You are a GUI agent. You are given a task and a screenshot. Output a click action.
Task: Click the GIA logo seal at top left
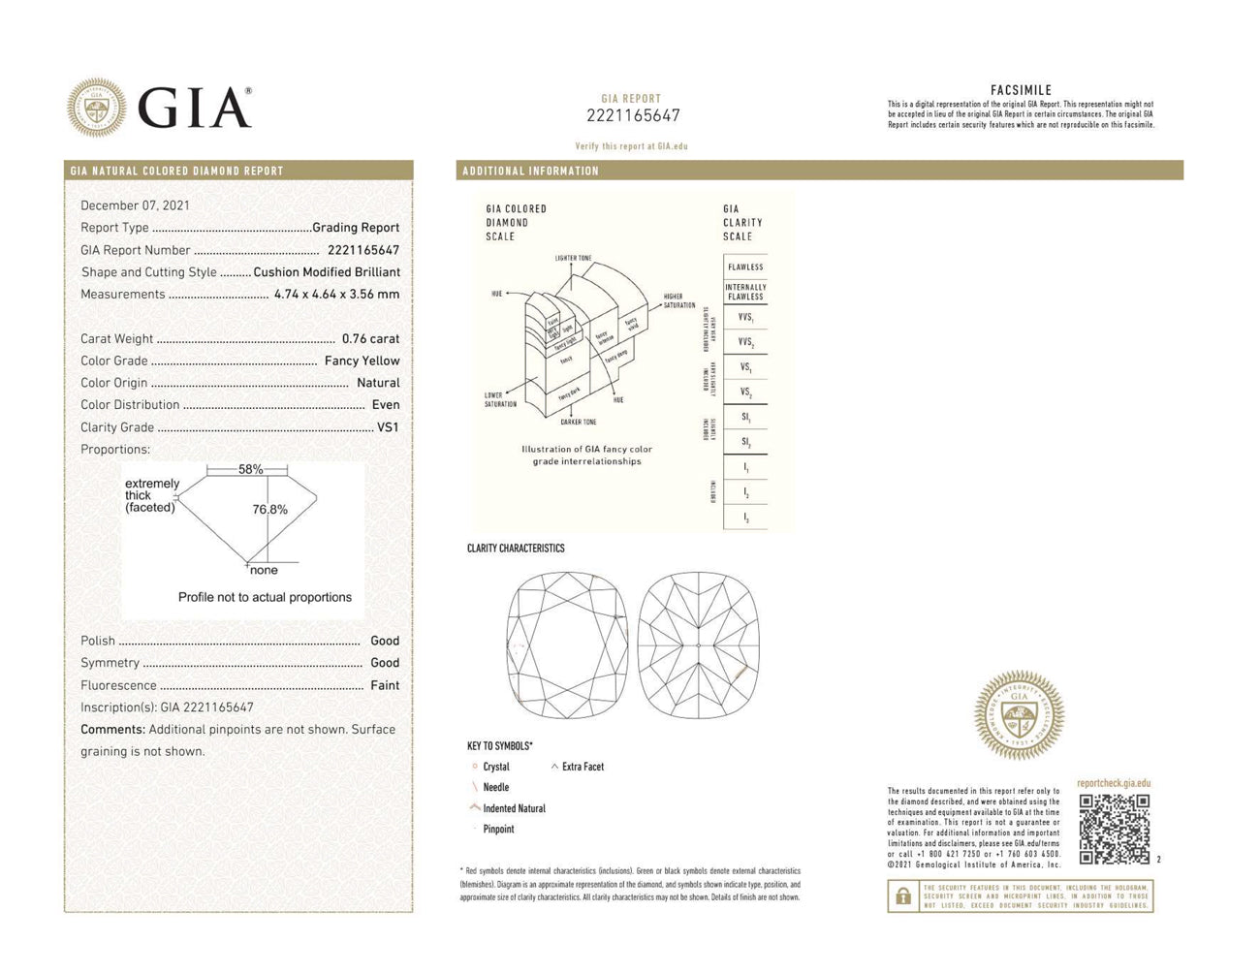[96, 107]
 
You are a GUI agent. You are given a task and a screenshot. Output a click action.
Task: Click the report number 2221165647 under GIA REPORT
[633, 115]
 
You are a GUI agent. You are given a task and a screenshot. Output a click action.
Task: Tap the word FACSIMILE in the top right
[1021, 90]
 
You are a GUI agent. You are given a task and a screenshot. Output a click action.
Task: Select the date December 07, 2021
[135, 205]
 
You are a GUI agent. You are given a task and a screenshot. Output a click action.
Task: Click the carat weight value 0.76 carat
[370, 338]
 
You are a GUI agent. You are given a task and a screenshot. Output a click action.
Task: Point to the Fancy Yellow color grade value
[362, 361]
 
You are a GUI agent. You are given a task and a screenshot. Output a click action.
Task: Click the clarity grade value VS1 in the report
[388, 426]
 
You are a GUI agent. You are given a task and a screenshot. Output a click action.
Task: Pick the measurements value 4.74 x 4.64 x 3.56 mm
[336, 294]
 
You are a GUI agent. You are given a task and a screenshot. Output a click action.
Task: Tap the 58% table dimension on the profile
[250, 469]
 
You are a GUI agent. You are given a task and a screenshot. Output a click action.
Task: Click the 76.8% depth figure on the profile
[269, 509]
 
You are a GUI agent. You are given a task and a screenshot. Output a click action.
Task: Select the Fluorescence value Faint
[385, 685]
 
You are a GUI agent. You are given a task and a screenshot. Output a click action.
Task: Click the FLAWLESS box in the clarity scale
[745, 267]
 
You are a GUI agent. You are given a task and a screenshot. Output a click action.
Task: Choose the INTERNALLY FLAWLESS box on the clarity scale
[745, 292]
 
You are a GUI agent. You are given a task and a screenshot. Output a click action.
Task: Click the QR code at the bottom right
[1114, 829]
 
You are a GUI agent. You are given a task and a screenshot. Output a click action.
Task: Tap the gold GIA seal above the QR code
[1019, 714]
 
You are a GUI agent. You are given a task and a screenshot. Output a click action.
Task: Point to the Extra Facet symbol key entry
[582, 767]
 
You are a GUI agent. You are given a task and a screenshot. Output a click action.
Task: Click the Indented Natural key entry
[514, 808]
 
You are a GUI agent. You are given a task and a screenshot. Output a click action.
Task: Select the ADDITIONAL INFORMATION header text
[530, 171]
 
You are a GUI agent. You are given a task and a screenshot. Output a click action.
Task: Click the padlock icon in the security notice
[903, 896]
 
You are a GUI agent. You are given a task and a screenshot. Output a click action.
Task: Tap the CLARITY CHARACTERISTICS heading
[516, 549]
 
